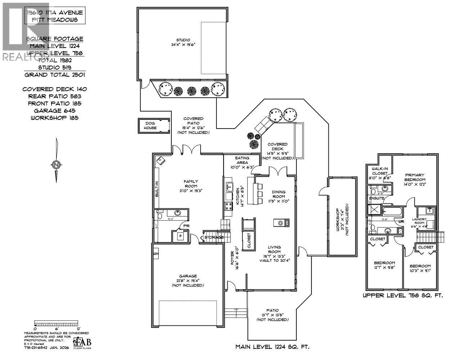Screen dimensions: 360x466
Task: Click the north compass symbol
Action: (56, 165)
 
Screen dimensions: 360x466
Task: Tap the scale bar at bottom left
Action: (56, 323)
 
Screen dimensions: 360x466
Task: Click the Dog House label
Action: (150, 126)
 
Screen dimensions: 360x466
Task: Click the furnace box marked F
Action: (180, 237)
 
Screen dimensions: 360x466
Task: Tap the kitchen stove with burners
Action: (228, 206)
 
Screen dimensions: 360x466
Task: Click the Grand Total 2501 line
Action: (55, 75)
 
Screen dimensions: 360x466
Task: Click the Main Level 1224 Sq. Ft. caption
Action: (272, 347)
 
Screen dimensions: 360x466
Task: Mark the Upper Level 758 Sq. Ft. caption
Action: (402, 296)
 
